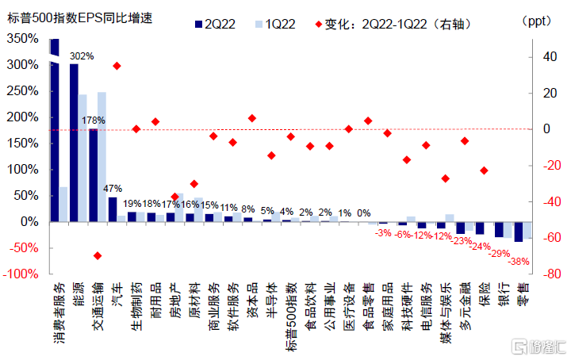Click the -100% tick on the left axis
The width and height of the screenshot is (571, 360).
pos(21,274)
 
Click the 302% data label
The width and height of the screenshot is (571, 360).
pos(82,56)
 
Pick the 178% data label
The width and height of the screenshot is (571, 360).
pos(94,121)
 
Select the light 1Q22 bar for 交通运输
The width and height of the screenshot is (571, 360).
pos(102,156)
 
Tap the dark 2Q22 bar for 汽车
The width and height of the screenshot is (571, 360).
pos(112,209)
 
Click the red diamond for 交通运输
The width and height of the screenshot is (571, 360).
pos(98,255)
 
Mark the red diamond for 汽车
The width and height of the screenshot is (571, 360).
pos(117,66)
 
